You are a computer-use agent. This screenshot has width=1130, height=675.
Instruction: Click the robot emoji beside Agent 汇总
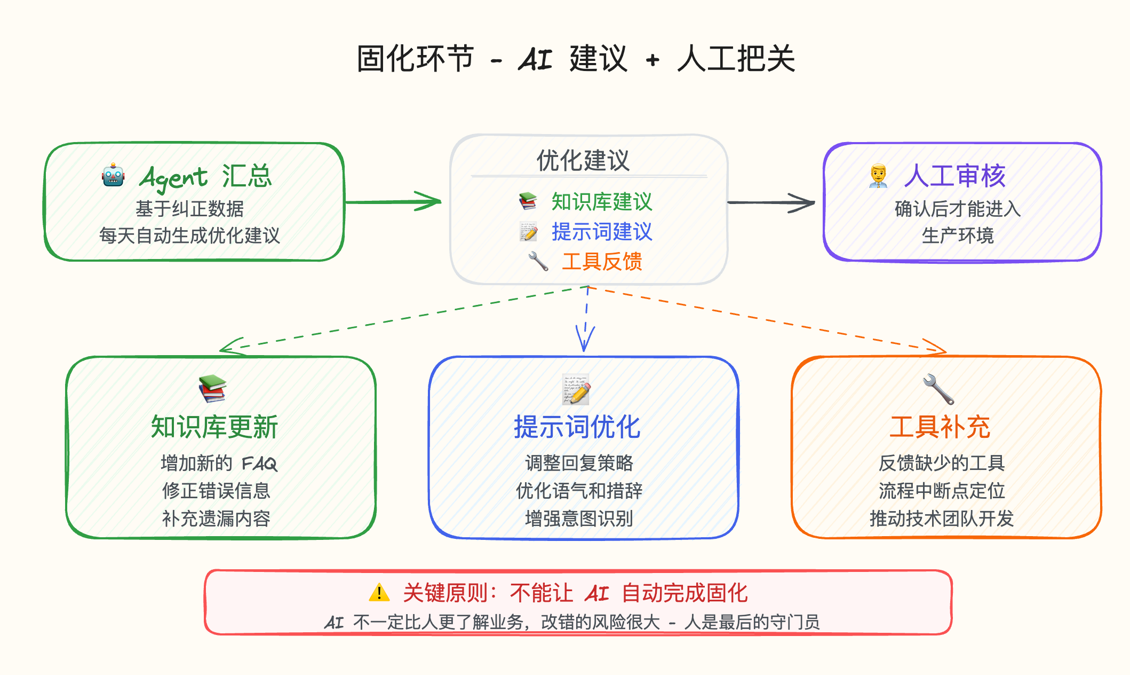113,175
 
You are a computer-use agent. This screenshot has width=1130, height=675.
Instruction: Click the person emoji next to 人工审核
878,176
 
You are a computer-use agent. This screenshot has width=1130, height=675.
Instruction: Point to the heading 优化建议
583,160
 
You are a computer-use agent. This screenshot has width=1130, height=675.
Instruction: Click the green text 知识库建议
602,202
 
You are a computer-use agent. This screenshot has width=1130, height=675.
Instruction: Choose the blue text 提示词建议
602,232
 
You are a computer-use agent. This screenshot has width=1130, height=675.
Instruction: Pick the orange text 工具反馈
602,262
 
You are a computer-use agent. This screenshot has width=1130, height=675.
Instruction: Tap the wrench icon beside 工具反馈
538,261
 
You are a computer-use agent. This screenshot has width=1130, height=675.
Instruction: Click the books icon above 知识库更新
212,388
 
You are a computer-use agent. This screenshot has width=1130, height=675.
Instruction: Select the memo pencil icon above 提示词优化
576,389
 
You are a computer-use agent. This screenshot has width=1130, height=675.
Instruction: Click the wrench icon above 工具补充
938,389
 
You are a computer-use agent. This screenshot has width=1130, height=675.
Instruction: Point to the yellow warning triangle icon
379,592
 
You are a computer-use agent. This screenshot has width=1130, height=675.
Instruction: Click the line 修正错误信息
216,490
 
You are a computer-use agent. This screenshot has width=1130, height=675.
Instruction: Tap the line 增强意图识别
579,518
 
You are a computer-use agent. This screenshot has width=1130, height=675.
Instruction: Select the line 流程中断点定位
942,490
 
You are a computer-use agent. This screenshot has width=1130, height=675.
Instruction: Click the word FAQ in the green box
260,464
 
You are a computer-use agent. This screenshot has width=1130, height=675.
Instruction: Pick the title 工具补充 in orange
940,427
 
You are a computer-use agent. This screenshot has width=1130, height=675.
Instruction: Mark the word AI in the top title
535,59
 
